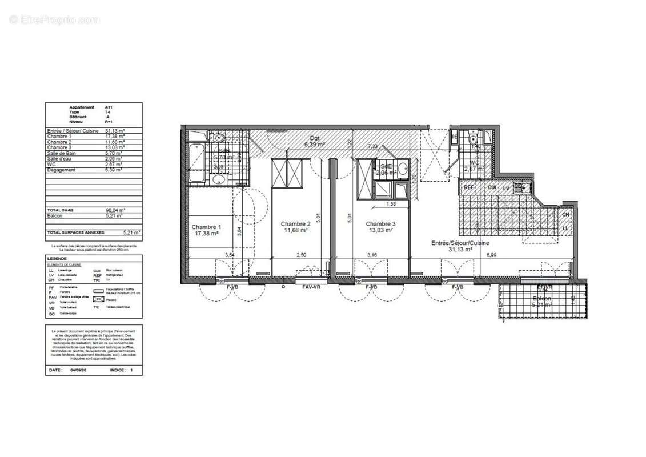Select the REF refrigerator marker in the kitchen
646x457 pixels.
(x=468, y=187)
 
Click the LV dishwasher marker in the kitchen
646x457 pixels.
(x=505, y=187)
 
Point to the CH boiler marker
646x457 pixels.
(x=565, y=215)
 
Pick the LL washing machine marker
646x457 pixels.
(x=565, y=228)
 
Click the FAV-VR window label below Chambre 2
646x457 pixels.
(x=311, y=287)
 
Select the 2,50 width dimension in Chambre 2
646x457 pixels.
(x=300, y=254)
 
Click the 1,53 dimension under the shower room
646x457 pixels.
(x=392, y=204)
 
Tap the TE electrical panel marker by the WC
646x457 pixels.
(x=455, y=138)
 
